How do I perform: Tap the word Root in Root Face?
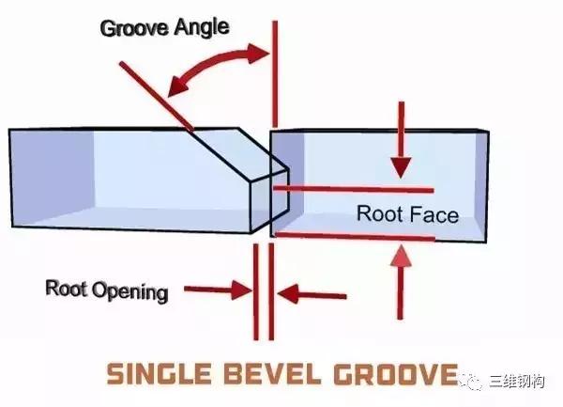pyautogui.click(x=379, y=214)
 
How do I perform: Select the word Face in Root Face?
pyautogui.click(x=434, y=215)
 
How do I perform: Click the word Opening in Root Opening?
pyautogui.click(x=130, y=292)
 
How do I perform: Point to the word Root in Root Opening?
pyautogui.click(x=67, y=288)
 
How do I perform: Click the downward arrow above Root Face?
pyautogui.click(x=401, y=139)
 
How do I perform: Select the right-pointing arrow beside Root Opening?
pyautogui.click(x=218, y=290)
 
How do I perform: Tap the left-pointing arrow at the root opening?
pyautogui.click(x=312, y=294)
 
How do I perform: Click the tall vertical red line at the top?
pyautogui.click(x=275, y=73)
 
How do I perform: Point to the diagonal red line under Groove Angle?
pyautogui.click(x=157, y=96)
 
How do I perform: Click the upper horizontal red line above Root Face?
pyautogui.click(x=354, y=189)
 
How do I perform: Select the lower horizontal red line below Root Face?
pyautogui.click(x=356, y=236)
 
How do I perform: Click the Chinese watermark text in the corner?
pyautogui.click(x=517, y=382)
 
